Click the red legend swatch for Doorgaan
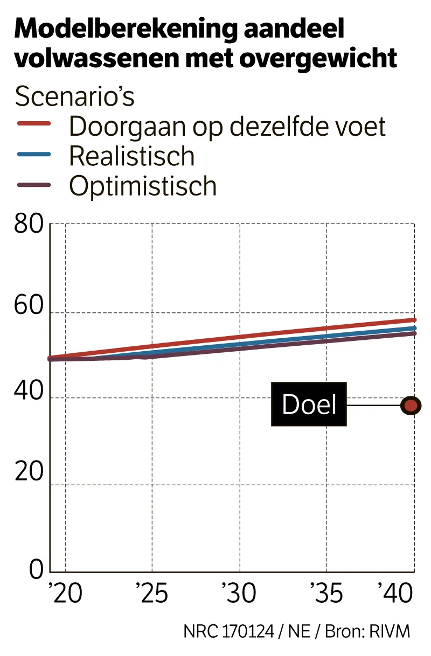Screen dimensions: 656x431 coord(34,124)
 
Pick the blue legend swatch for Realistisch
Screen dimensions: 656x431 coord(34,155)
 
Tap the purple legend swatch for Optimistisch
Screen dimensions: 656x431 coord(34,185)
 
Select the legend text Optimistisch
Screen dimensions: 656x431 coord(143,186)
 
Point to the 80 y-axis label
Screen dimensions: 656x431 coord(28,225)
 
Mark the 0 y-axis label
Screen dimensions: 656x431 coord(36,569)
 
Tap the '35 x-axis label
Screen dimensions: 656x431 coord(326,593)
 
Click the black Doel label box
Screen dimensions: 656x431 coord(309,404)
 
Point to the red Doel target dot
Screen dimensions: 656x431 coord(411,406)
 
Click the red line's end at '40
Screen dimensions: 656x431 coord(413,320)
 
